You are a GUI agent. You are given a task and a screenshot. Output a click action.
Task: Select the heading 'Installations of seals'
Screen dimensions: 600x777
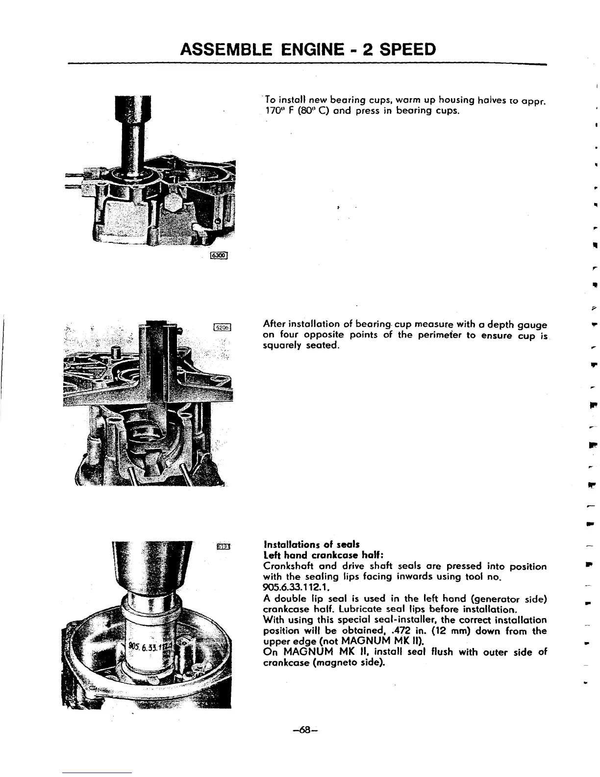[311, 544]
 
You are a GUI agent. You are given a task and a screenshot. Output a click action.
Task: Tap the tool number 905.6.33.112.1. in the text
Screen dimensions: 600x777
[296, 587]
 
